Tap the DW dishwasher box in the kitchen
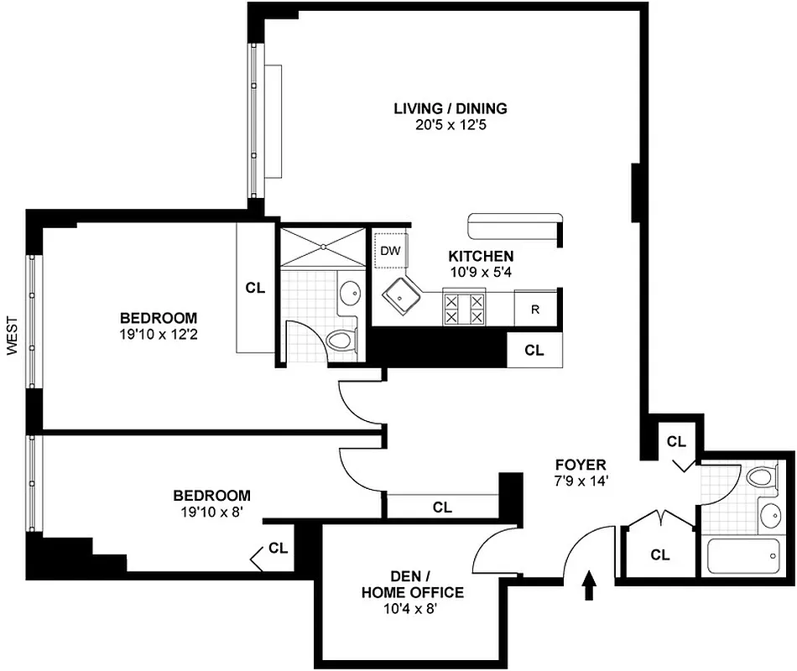(x=389, y=250)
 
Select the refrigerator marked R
(x=534, y=309)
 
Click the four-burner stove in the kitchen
(x=464, y=308)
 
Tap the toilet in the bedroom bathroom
(x=341, y=341)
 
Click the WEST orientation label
(x=12, y=335)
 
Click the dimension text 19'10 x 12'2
(x=159, y=334)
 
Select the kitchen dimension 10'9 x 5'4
(x=481, y=271)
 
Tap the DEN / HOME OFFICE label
(x=412, y=585)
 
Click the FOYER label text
(x=580, y=465)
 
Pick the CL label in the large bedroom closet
(x=255, y=287)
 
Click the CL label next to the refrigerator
(x=534, y=351)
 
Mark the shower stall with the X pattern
(x=323, y=246)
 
